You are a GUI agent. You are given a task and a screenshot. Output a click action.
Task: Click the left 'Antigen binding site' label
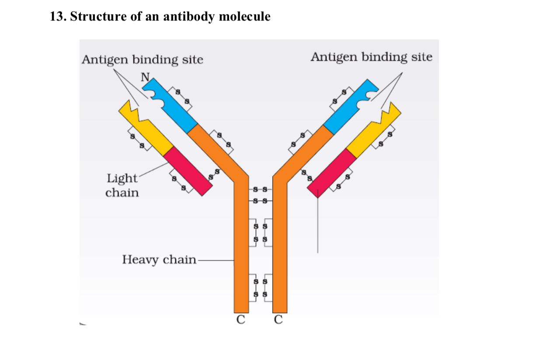[x=143, y=60]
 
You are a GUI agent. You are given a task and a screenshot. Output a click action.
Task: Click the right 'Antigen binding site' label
[x=371, y=57]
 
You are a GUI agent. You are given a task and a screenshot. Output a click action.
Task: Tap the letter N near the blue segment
[x=145, y=78]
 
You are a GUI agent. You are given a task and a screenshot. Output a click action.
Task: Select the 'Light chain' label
[x=122, y=185]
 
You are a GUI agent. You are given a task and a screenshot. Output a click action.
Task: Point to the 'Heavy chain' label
[x=159, y=260]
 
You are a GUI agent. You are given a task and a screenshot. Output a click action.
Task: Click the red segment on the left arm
[x=188, y=171]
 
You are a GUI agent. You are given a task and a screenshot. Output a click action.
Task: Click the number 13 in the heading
[x=57, y=17]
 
